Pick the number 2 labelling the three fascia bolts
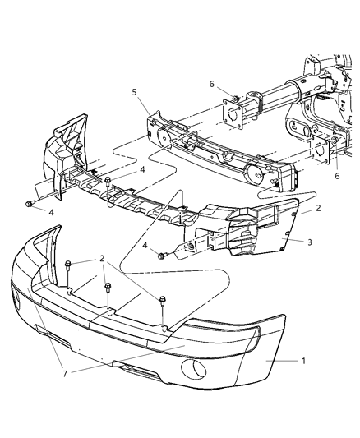(103, 258)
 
